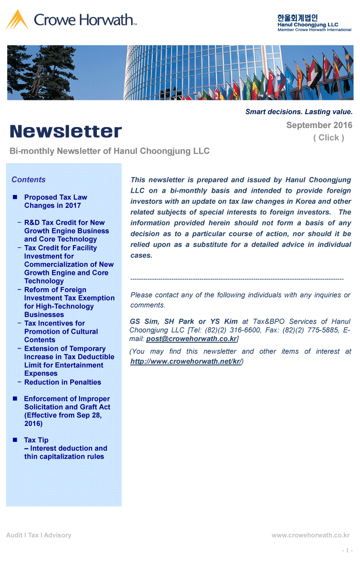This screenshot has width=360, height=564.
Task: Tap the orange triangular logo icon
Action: pos(17,20)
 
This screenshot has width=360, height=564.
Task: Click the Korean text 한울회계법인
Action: pos(297,18)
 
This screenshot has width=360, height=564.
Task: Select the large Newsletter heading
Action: pos(66,131)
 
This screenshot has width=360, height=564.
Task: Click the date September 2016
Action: pos(319,125)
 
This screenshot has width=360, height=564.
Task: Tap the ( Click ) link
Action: pos(328,138)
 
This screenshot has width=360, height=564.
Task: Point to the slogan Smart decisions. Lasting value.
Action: pos(299,112)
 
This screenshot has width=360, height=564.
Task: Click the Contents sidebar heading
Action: pos(28,180)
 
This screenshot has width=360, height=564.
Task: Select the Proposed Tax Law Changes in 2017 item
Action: pos(56,201)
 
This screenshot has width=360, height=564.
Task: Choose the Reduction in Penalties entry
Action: pos(63,382)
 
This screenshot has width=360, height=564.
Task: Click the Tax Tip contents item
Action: pos(36,440)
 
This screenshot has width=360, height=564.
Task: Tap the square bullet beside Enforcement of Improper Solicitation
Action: pos(15,399)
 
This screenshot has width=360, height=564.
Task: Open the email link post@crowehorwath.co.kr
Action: pos(192,339)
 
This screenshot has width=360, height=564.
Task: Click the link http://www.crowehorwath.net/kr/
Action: pos(186,361)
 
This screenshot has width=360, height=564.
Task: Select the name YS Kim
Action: pos(224,322)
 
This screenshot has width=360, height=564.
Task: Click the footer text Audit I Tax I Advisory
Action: pos(39,535)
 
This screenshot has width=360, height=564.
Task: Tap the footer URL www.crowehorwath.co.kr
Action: pos(311,535)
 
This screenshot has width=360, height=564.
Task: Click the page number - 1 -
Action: pos(347,551)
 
